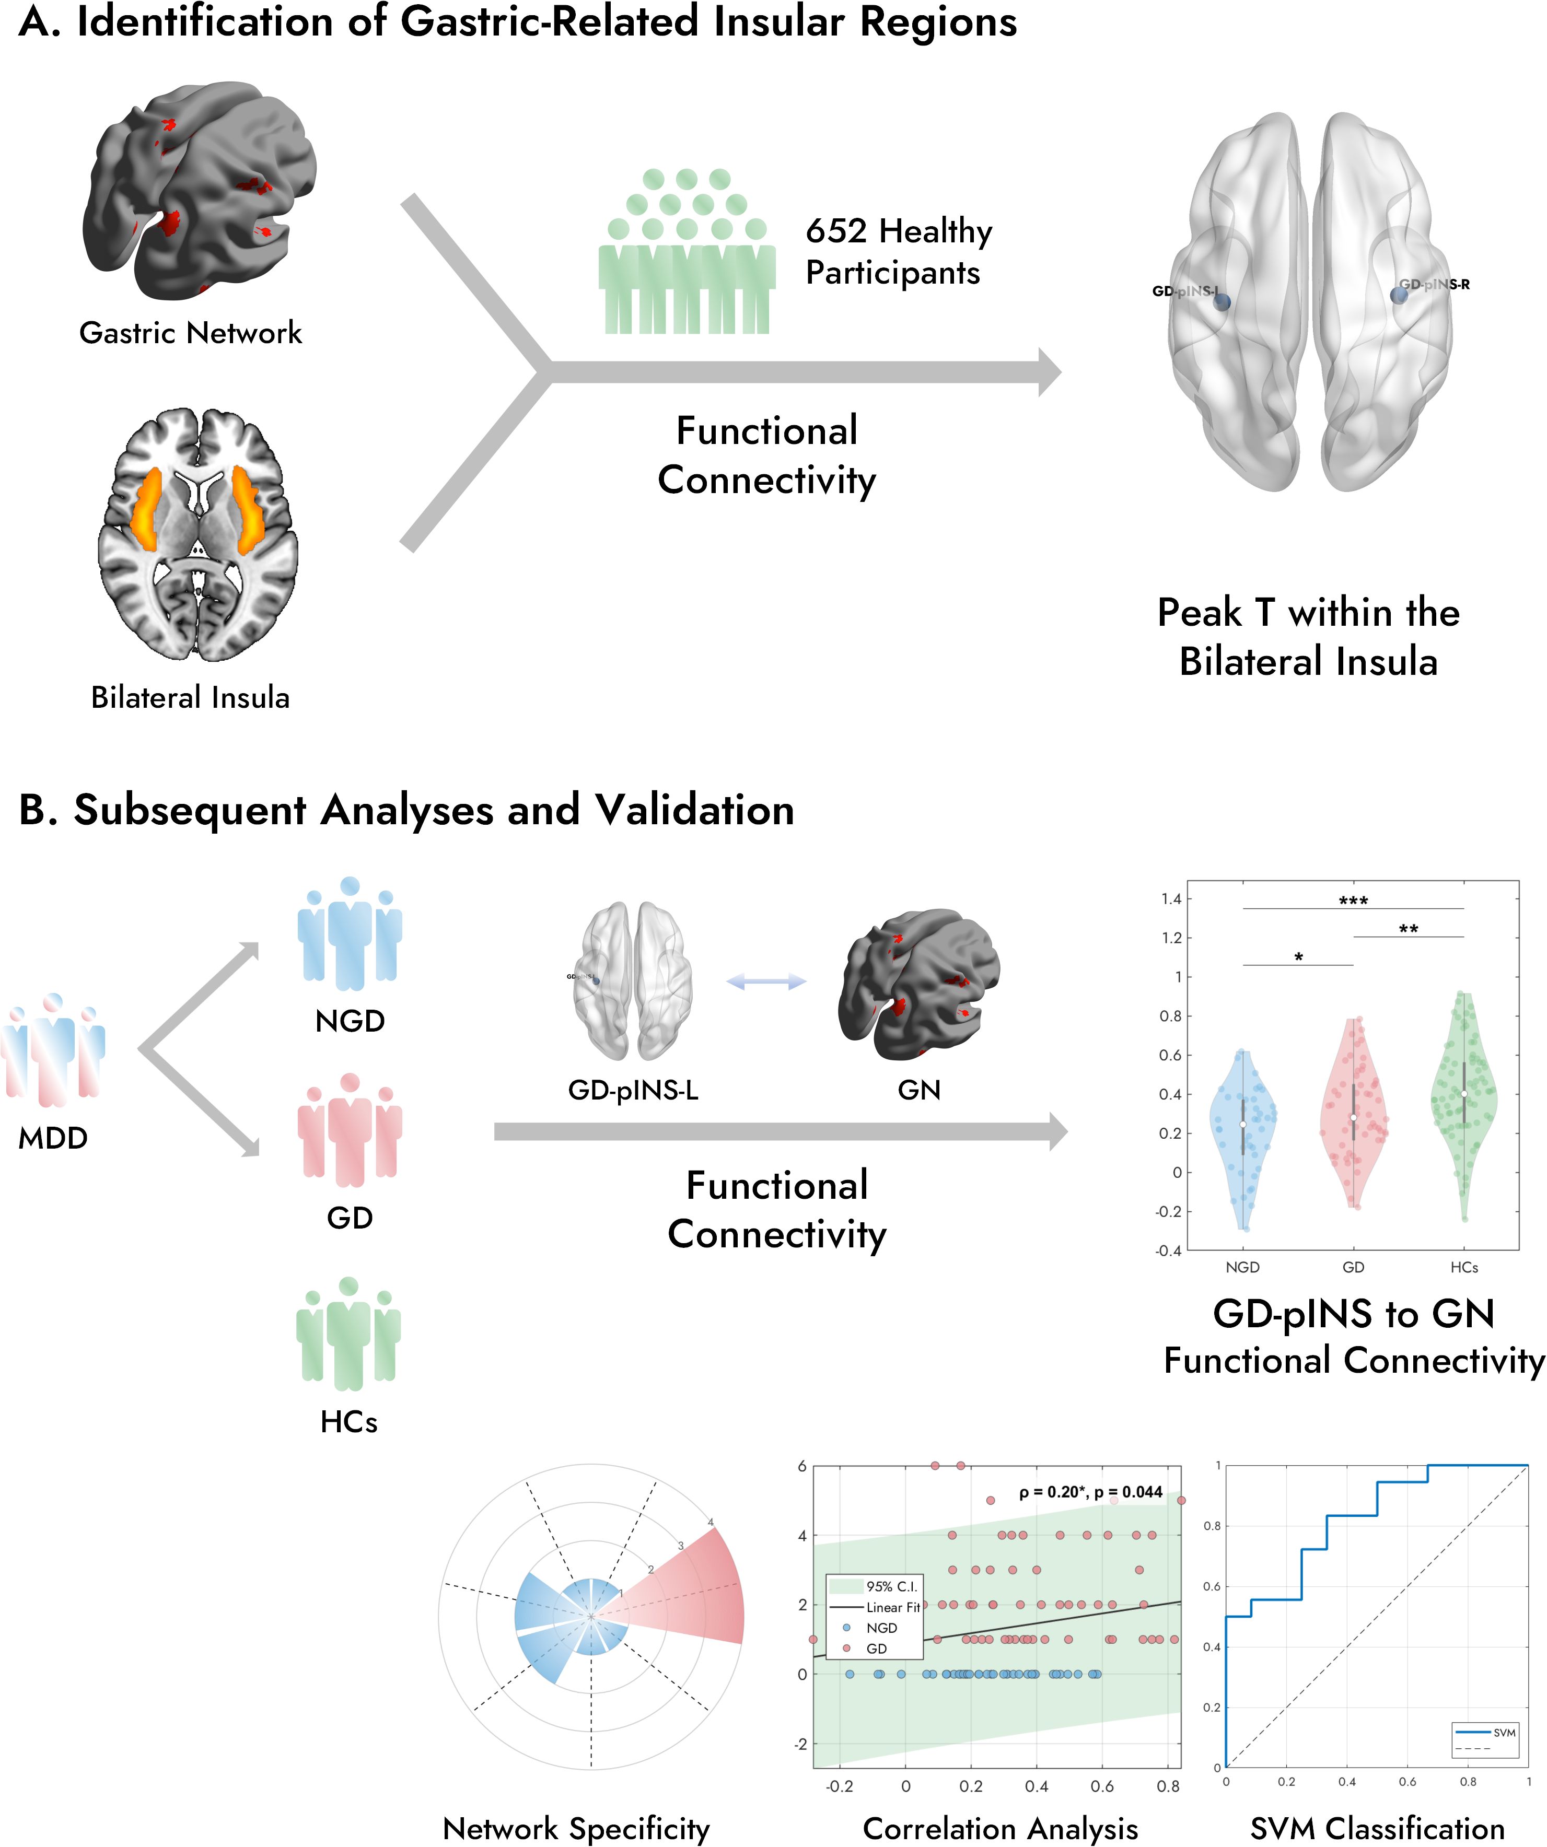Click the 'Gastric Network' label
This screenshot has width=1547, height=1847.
tap(190, 332)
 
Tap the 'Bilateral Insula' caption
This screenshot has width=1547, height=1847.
tap(190, 697)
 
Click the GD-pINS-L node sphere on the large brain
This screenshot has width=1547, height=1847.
tap(1222, 302)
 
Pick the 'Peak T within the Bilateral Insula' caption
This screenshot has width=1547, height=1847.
tap(1308, 637)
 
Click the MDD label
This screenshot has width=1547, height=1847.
tap(53, 1138)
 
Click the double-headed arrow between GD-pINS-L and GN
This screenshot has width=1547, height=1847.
tap(766, 981)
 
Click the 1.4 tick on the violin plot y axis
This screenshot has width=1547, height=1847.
tap(1171, 899)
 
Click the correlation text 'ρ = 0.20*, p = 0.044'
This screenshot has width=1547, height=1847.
tap(1090, 1492)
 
